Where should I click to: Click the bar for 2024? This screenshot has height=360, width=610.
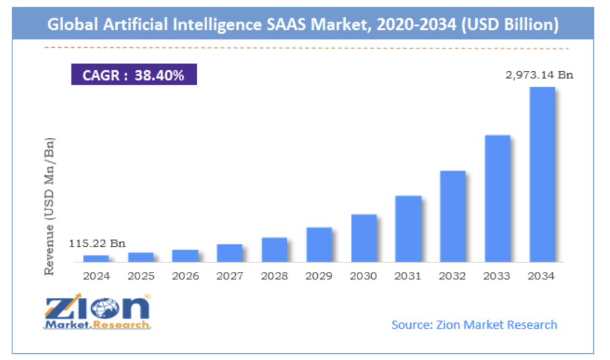pos(96,258)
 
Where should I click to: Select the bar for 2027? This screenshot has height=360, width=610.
pos(230,253)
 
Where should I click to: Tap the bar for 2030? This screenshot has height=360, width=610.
pos(364,238)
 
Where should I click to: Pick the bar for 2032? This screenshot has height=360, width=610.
pos(453,216)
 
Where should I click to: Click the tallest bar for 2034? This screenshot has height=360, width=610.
pos(542,174)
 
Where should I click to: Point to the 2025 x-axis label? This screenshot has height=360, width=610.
pos(140,276)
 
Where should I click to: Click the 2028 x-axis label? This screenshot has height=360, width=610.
pos(274,276)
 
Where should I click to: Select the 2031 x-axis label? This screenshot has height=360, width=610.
pos(408,276)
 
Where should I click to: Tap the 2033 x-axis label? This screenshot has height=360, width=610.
pos(497,276)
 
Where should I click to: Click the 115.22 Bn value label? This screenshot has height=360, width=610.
pos(99,244)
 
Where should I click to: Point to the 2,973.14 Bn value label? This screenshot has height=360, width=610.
pos(539,75)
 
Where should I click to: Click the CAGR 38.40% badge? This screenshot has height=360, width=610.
pos(133,76)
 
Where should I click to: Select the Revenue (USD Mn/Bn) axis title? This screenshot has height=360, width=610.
pos(50,205)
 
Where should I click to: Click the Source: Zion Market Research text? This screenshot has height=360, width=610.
pos(474,325)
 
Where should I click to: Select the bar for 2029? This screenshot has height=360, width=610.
pos(319,245)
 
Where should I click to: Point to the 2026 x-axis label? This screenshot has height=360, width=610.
pos(185,276)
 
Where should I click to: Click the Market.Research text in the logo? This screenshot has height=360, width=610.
pos(97,325)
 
